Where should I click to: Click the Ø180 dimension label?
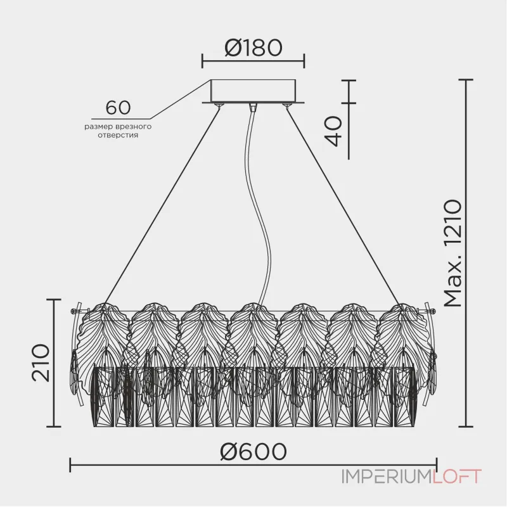click(x=253, y=48)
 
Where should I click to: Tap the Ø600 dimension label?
click(x=253, y=451)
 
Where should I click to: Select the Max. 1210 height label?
click(x=452, y=253)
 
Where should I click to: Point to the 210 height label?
click(x=41, y=363)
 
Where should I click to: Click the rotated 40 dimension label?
click(x=333, y=131)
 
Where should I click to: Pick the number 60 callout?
click(x=118, y=108)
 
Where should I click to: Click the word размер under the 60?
click(x=99, y=127)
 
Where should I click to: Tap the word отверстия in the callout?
click(x=118, y=135)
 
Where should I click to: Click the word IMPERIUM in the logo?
click(x=385, y=477)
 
